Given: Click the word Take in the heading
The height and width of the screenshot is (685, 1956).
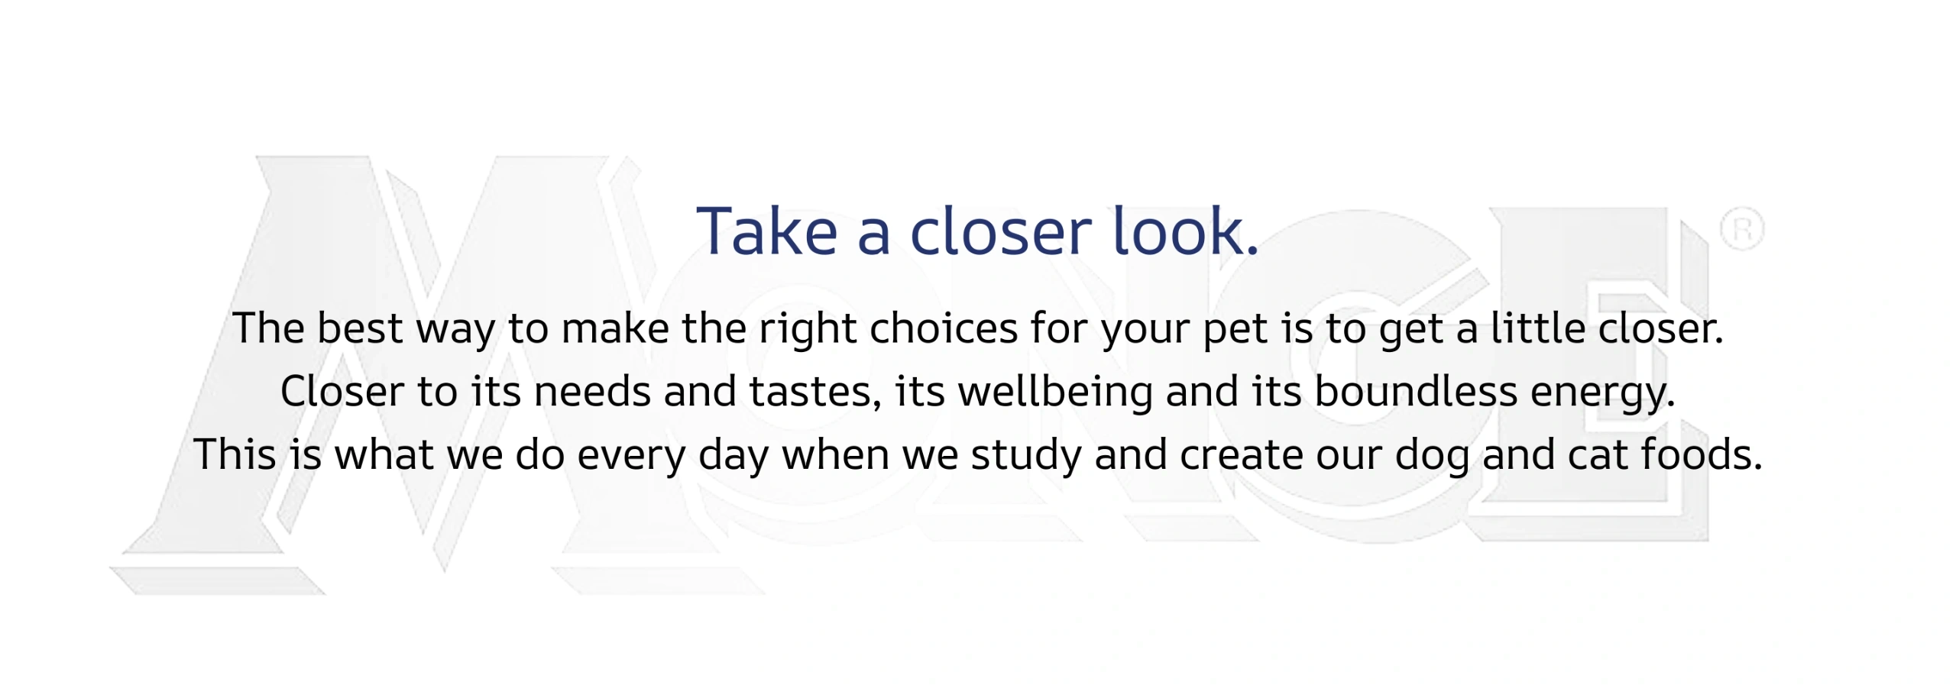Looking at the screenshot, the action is coord(767,231).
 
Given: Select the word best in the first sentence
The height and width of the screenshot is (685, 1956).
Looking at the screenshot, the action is coord(359,328).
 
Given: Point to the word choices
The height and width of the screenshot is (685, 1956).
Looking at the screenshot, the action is coord(944,328).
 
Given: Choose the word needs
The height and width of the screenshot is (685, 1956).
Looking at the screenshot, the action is coord(592,391).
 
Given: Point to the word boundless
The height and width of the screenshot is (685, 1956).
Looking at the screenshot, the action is coord(1416,391).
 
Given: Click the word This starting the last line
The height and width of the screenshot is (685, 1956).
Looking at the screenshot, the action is coord(235,454).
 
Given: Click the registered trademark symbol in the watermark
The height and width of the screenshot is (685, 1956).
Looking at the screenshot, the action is coord(1741,229).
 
